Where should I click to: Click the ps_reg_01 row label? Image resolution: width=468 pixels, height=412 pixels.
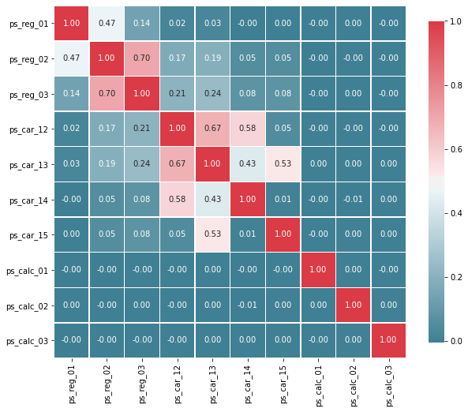28,24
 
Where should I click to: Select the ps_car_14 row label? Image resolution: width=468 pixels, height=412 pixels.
28,200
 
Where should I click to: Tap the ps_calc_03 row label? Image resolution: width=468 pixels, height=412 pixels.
27,341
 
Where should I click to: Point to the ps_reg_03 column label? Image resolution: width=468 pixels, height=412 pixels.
142,384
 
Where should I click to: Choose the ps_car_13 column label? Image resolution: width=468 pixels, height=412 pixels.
212,384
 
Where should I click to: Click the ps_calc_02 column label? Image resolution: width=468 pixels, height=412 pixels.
354,386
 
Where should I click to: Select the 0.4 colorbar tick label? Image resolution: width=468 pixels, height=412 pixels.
455,213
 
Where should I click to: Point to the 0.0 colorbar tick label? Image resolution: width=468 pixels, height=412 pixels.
455,341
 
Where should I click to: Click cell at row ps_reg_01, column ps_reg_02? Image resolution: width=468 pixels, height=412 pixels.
107,24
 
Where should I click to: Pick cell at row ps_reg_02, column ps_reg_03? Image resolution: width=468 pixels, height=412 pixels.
142,58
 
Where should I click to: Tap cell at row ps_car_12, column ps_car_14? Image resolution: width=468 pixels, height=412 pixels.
248,129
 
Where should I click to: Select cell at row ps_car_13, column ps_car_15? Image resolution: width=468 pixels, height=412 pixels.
283,164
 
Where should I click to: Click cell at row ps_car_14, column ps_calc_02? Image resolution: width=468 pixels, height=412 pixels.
354,200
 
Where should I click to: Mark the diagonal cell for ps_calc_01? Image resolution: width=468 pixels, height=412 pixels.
318,270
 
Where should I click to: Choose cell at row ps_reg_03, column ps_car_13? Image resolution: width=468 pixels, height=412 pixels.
212,94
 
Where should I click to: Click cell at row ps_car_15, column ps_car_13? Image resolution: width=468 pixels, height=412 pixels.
212,234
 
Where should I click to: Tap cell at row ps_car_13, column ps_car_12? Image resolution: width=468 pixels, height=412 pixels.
178,164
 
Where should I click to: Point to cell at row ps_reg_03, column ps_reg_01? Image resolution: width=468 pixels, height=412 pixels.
72,94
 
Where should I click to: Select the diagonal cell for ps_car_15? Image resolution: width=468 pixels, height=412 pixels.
283,234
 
